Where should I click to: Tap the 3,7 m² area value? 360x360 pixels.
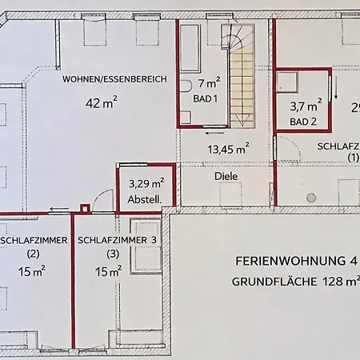[306, 105]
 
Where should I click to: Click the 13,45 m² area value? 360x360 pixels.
[228, 149]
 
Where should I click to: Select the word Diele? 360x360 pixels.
[227, 175]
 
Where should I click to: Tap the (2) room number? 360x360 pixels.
[33, 254]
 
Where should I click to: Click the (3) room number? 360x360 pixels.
[113, 254]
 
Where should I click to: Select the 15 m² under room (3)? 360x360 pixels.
[108, 272]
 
